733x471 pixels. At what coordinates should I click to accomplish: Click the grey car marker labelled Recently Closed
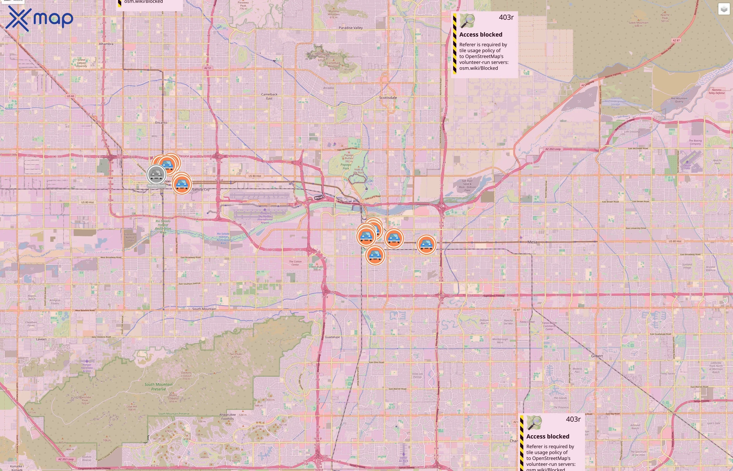point(156,175)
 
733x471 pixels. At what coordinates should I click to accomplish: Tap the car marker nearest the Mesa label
point(426,244)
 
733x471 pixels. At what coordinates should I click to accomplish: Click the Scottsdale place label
point(388,98)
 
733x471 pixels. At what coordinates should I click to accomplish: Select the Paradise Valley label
point(351,28)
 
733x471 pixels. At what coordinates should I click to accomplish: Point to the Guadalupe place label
point(332,337)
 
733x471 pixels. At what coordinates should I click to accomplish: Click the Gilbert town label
point(597,356)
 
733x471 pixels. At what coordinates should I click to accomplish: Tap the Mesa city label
point(532,242)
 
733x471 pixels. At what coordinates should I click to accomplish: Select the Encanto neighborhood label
point(161,123)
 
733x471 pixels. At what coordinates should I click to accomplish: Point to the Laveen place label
point(41,339)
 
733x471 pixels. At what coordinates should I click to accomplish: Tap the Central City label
point(201,190)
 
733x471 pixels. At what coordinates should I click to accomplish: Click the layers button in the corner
point(724,9)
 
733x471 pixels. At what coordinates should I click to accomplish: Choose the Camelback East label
point(269,96)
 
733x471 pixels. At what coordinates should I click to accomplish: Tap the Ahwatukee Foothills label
point(227,417)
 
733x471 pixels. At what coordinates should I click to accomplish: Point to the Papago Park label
point(346,166)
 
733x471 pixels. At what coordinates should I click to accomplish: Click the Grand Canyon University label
point(81,63)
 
